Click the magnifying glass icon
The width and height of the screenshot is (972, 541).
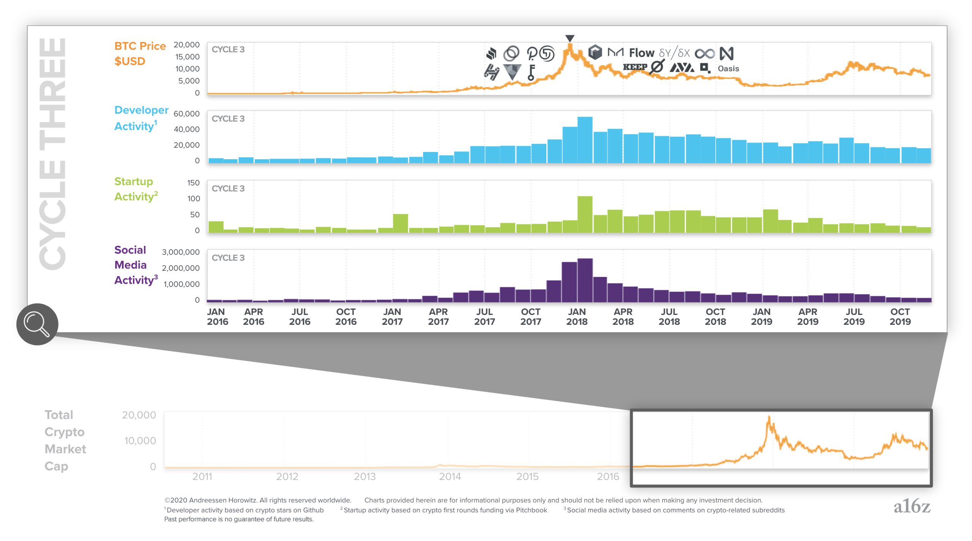37,324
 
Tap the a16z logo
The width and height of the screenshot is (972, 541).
912,506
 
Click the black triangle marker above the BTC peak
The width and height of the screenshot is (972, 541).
570,38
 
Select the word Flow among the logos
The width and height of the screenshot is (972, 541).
641,53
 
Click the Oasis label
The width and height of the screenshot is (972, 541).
728,69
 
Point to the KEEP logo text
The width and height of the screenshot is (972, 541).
635,67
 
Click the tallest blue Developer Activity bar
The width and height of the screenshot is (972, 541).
585,139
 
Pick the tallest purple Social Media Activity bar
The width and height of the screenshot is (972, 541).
585,280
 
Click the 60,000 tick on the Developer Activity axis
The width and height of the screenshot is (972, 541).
186,114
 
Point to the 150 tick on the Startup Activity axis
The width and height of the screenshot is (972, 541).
193,183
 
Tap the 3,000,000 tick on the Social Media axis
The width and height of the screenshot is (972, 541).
181,252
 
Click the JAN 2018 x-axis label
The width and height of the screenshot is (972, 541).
577,316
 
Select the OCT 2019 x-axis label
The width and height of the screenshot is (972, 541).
900,316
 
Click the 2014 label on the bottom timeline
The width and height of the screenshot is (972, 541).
450,476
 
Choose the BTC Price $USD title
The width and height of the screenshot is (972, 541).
140,54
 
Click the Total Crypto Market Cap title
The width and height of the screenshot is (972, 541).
65,440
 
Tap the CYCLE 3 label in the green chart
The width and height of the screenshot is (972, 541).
228,188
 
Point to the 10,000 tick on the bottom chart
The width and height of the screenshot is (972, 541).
140,441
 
